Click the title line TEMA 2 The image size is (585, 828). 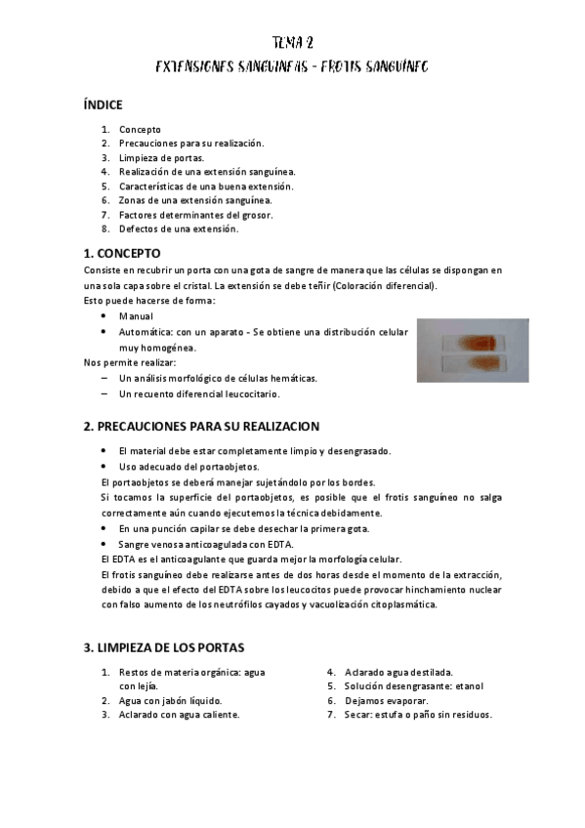pos(292,42)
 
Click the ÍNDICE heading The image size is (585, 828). pos(103,104)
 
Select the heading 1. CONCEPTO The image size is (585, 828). pos(125,253)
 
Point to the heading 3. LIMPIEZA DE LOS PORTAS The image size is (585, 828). pos(164,647)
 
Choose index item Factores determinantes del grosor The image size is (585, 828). pos(195,215)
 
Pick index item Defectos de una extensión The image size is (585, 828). pos(179,228)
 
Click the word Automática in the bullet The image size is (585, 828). pos(146,332)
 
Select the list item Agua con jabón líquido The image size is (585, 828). pos(170,700)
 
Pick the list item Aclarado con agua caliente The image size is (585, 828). pos(179,714)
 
